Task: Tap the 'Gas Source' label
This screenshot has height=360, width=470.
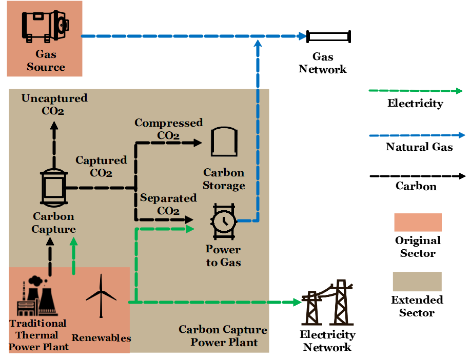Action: coord(46,61)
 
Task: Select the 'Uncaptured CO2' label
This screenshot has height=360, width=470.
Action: coord(54,104)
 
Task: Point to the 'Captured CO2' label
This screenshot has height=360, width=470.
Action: coord(101,167)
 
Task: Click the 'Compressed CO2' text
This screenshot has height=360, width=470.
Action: coord(168,129)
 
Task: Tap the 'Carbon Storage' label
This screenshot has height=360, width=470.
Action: coord(224,179)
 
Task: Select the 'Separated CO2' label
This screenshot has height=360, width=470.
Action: coord(168,205)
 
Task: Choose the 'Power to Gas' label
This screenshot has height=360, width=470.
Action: coord(223,256)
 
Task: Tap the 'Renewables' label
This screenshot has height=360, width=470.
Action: coord(101,338)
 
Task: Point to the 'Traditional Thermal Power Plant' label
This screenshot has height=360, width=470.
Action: coord(38,335)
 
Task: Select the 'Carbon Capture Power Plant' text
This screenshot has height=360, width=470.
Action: coord(223,336)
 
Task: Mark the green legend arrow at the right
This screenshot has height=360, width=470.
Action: coord(416,91)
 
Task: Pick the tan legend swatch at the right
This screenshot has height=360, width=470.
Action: coord(417,282)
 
